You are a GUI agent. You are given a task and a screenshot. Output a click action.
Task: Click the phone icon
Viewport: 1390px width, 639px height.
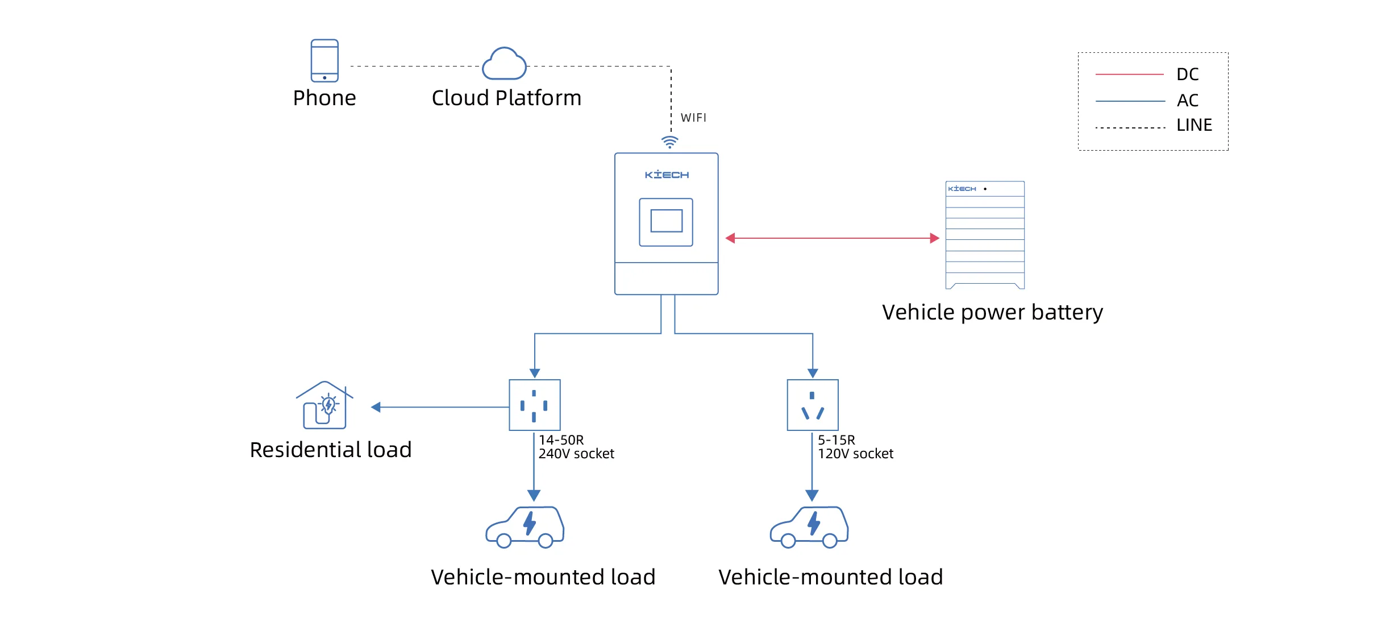coord(324,60)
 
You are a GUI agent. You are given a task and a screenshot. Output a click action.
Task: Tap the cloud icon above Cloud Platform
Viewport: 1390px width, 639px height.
coord(504,64)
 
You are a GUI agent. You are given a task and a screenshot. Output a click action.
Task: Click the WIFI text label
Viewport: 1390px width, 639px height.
coord(693,118)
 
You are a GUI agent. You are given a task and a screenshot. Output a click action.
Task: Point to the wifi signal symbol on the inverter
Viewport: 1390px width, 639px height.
coord(670,142)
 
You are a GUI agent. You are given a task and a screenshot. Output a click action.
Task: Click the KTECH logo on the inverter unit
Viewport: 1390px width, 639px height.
coord(667,175)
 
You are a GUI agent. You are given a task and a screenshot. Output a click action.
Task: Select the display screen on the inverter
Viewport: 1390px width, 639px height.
coord(666,222)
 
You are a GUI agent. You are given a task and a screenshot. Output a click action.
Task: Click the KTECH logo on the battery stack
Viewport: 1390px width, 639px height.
coord(962,189)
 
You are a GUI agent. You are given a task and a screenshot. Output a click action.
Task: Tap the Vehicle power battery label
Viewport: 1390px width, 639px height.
coord(992,312)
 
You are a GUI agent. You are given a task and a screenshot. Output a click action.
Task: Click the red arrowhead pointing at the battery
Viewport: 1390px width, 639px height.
coord(934,238)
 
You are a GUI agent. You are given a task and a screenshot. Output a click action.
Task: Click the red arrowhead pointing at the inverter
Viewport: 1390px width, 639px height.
coord(731,238)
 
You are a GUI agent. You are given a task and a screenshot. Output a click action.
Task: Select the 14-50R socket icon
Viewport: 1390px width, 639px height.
coord(534,405)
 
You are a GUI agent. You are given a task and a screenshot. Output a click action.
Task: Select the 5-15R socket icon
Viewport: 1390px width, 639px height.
coord(813,405)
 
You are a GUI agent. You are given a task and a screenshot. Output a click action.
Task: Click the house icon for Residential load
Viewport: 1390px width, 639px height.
coord(324,405)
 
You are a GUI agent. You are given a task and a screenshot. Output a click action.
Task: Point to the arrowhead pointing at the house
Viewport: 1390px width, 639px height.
coord(376,407)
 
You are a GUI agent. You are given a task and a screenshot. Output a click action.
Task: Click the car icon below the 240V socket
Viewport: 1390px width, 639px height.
coord(525,527)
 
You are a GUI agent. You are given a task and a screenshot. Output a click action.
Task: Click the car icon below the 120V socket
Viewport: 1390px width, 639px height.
coord(809,527)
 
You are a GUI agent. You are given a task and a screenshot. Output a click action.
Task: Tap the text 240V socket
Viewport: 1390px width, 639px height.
coord(576,454)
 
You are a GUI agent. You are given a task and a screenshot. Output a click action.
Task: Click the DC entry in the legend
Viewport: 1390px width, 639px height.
coord(1187,74)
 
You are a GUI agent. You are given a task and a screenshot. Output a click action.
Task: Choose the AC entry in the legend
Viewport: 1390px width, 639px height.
coord(1187,101)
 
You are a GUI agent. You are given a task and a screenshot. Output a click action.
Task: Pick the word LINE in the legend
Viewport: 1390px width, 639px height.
coord(1194,125)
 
